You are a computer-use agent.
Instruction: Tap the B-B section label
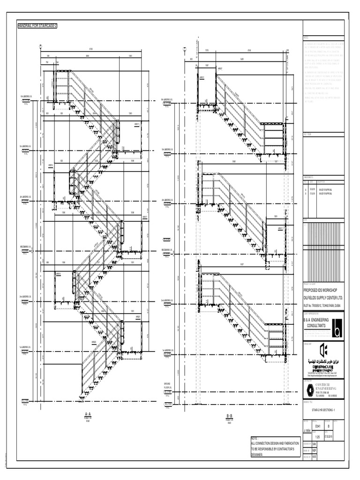click(x=229, y=416)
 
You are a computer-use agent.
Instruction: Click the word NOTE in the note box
click(x=255, y=439)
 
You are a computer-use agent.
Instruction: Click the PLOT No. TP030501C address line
click(x=324, y=306)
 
